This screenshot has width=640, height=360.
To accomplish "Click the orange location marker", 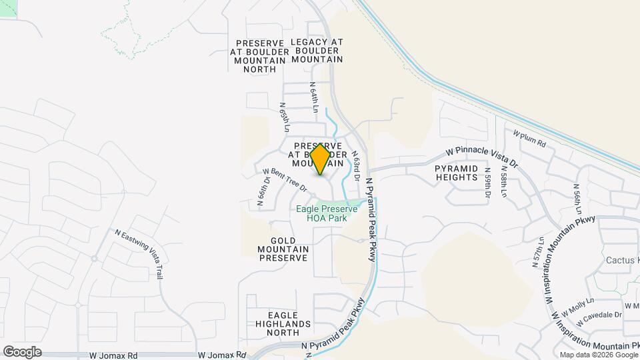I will pos(320,159).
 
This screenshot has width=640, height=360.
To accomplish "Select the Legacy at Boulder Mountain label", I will pos(317,50).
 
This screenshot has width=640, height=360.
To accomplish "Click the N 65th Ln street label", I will pos(285,117).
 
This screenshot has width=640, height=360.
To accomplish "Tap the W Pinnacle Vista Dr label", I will pos(481,157).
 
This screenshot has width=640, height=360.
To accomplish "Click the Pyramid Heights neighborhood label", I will pos(457,173).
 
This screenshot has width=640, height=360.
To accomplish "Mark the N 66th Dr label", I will pos(264,193).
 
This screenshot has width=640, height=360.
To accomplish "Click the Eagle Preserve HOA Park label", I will pos(327,213).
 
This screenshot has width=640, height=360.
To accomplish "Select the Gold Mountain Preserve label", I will pos(279,249).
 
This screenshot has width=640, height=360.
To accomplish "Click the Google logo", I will pos(22,351).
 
